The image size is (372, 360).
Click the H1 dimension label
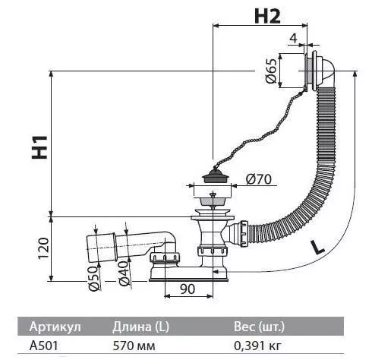click(39, 147)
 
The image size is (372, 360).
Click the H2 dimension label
click(267, 17)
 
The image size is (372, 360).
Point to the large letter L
click(317, 247)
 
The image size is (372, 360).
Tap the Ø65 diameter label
click(271, 71)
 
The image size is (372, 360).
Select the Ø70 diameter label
click(259, 179)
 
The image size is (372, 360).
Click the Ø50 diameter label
click(93, 279)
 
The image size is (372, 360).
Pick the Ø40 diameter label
click(124, 273)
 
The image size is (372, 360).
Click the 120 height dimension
click(43, 248)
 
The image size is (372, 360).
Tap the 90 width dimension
click(188, 289)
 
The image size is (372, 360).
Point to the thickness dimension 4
click(293, 38)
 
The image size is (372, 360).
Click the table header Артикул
click(55, 327)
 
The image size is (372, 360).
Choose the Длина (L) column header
click(140, 327)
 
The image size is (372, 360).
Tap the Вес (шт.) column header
click(259, 327)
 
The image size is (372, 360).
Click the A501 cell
click(43, 346)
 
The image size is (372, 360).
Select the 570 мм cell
click(134, 346)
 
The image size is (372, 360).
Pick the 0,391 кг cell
click(257, 346)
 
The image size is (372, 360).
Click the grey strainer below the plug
click(213, 201)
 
